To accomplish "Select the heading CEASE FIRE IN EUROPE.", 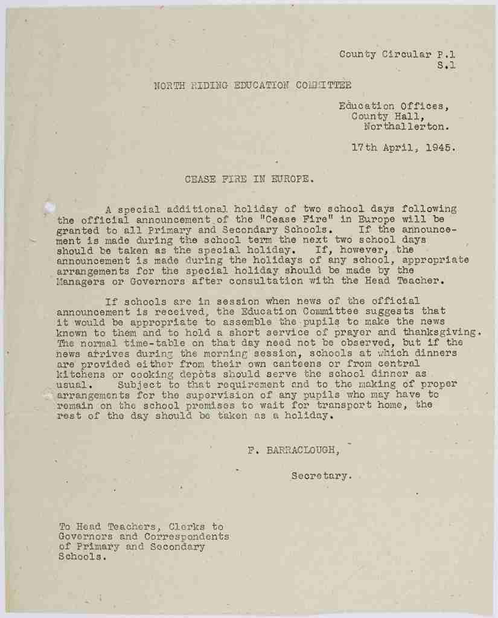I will (x=249, y=179).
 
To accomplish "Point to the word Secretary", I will (x=320, y=475).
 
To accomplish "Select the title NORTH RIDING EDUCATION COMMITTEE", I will (x=252, y=85).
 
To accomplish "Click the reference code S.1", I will (x=446, y=65).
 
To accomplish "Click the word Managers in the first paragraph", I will (x=80, y=280).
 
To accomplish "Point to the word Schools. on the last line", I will (x=80, y=557).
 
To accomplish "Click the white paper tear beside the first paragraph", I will (x=49, y=207).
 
